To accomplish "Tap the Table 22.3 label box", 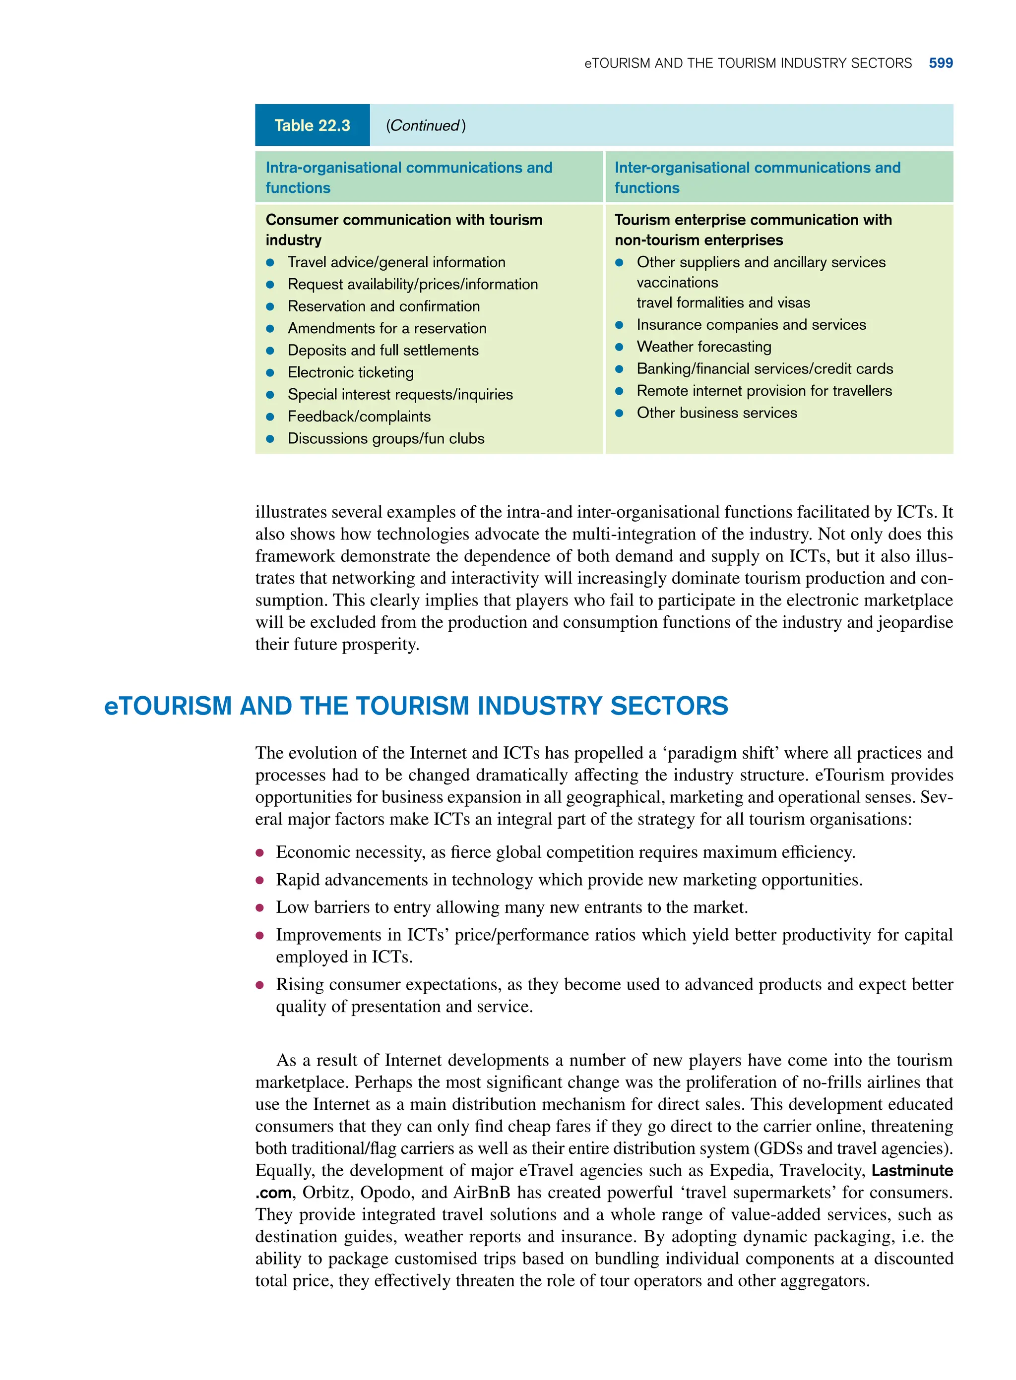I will point(312,125).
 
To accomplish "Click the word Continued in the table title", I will point(424,125).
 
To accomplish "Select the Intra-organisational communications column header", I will point(409,177).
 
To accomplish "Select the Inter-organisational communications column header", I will point(757,177).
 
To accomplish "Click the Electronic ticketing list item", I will point(351,372).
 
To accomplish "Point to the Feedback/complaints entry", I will point(359,417).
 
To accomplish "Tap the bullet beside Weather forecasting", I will point(619,347).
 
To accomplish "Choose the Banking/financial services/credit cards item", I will point(764,369).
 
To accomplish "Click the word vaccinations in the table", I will point(677,283).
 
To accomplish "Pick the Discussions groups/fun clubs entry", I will point(385,439).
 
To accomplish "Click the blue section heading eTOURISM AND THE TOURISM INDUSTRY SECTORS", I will point(416,706).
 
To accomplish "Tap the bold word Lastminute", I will point(912,1170).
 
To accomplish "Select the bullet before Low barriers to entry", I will point(260,908).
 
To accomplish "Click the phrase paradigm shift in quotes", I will point(723,753).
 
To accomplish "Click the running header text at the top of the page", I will point(748,63).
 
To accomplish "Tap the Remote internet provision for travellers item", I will point(764,391).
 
